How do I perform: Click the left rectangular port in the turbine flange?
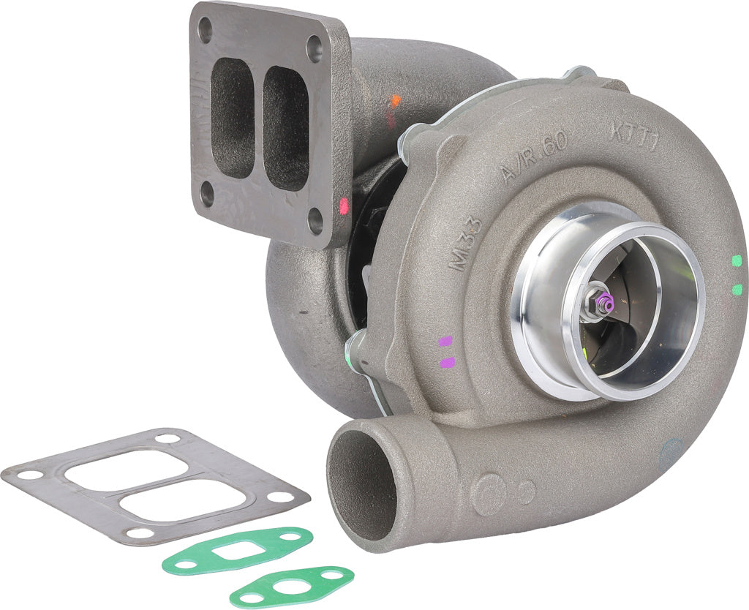click(x=232, y=117)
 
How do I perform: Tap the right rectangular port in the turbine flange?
click(x=285, y=128)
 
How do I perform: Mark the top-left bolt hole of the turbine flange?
click(x=205, y=30)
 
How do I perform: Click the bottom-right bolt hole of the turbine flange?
click(x=315, y=220)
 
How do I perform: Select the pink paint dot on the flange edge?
click(x=345, y=206)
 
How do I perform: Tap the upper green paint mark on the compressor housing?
click(x=737, y=261)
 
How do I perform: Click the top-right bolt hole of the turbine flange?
click(x=315, y=49)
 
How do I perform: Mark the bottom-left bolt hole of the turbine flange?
click(x=207, y=194)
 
